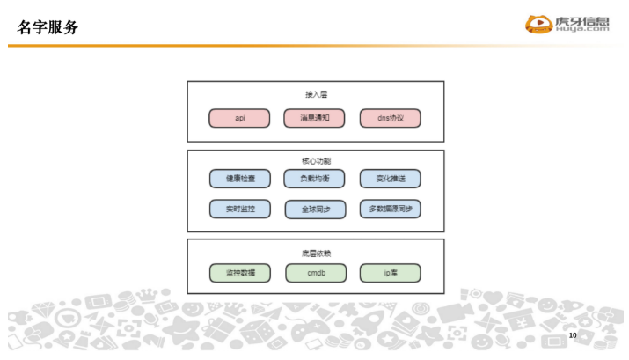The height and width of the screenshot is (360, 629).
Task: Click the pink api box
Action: [x=240, y=118]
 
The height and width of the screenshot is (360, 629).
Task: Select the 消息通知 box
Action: [x=315, y=118]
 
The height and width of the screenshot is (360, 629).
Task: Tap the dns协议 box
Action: [x=390, y=118]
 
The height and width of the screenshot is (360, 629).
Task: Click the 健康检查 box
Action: [x=240, y=179]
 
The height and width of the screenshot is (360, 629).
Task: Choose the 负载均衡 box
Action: [x=315, y=179]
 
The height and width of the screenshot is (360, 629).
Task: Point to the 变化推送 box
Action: [x=390, y=179]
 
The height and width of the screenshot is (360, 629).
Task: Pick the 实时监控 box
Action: [x=240, y=209]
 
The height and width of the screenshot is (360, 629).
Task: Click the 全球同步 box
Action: [x=315, y=209]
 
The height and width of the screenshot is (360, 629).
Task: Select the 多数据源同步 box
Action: [x=390, y=209]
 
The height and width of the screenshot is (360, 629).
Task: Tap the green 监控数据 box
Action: [x=240, y=273]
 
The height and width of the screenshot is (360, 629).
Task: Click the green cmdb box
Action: [x=315, y=273]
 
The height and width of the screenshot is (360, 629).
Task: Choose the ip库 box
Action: [x=390, y=273]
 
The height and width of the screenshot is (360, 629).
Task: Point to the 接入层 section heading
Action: [x=316, y=93]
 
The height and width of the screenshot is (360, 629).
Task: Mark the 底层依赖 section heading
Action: [x=316, y=253]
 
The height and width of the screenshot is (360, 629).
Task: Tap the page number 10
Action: [x=573, y=336]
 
